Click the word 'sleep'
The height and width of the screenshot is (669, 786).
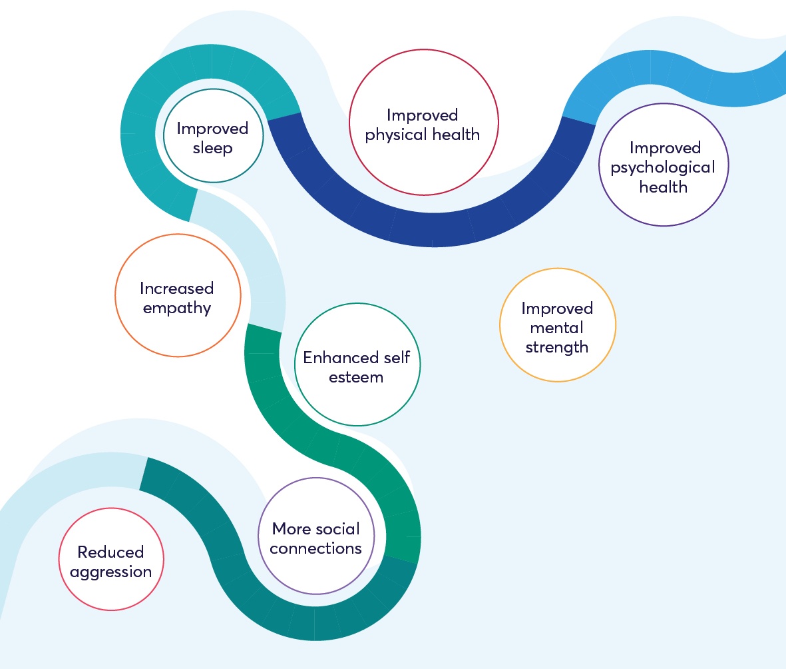tap(213, 147)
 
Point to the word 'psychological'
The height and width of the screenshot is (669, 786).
tap(663, 167)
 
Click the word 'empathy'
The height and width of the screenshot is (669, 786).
tap(176, 308)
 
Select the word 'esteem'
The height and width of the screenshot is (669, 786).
tap(357, 377)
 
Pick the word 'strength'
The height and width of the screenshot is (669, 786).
tap(556, 347)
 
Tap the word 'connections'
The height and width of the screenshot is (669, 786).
tap(316, 548)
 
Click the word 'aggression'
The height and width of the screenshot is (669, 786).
tap(110, 572)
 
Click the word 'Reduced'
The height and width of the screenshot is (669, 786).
tap(110, 552)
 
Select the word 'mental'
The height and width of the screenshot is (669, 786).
tap(556, 328)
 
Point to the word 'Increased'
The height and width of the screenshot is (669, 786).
tap(176, 289)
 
